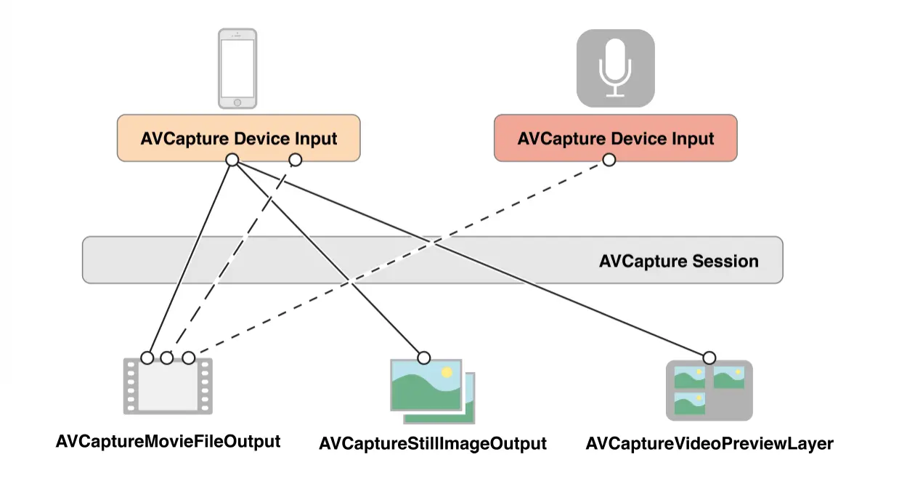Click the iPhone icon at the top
[x=237, y=68]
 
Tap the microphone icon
[x=615, y=68]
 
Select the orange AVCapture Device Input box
[x=239, y=138]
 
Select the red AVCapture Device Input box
[x=615, y=138]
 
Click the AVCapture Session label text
[x=678, y=261]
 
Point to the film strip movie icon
[x=168, y=385]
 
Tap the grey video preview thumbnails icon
[x=709, y=391]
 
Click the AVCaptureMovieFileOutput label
[x=168, y=441]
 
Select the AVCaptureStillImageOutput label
[x=433, y=443]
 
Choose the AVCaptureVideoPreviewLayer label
[x=709, y=443]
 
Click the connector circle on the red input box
[x=609, y=160]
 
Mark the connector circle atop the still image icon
[x=424, y=357]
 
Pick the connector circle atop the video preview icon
[x=709, y=357]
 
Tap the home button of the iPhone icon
[x=237, y=102]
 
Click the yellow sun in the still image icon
[x=447, y=372]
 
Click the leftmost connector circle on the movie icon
[x=147, y=357]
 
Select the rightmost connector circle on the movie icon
[x=189, y=357]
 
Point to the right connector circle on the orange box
[x=295, y=160]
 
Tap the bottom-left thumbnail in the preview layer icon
[x=689, y=403]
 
